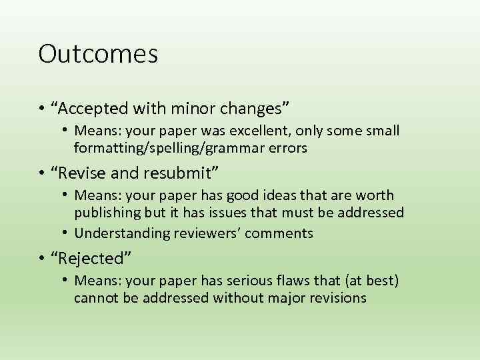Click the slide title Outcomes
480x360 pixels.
pyautogui.click(x=98, y=54)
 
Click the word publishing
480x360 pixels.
pyautogui.click(x=106, y=213)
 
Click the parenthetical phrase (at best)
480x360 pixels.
pyautogui.click(x=367, y=281)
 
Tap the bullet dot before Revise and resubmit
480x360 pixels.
pyautogui.click(x=42, y=173)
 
